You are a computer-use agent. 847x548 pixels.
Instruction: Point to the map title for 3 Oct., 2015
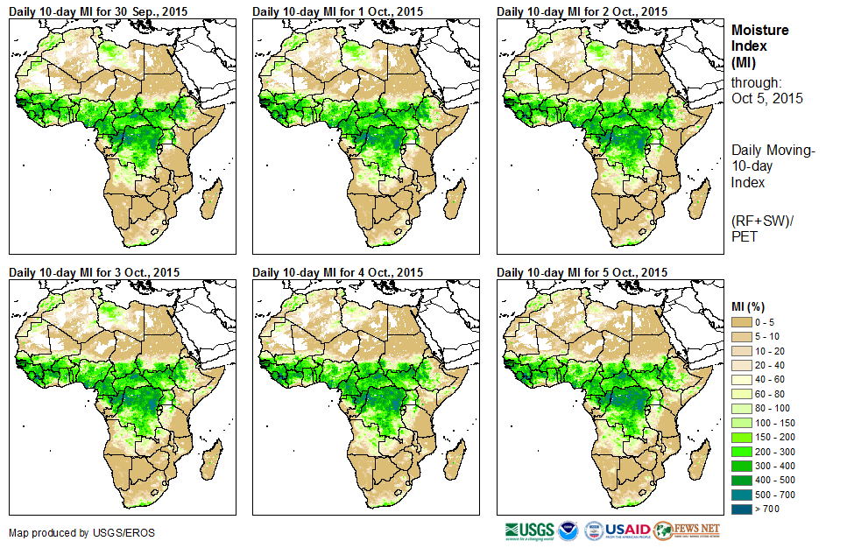pyautogui.click(x=94, y=272)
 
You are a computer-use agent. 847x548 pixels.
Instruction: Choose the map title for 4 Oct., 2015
pyautogui.click(x=337, y=272)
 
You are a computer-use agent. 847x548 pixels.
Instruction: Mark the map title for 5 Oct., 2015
pyautogui.click(x=582, y=272)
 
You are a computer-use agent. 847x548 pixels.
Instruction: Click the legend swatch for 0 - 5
pyautogui.click(x=742, y=323)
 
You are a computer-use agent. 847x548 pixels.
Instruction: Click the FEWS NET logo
pyautogui.click(x=687, y=530)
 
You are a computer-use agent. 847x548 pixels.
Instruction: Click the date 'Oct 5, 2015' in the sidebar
pyautogui.click(x=767, y=98)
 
